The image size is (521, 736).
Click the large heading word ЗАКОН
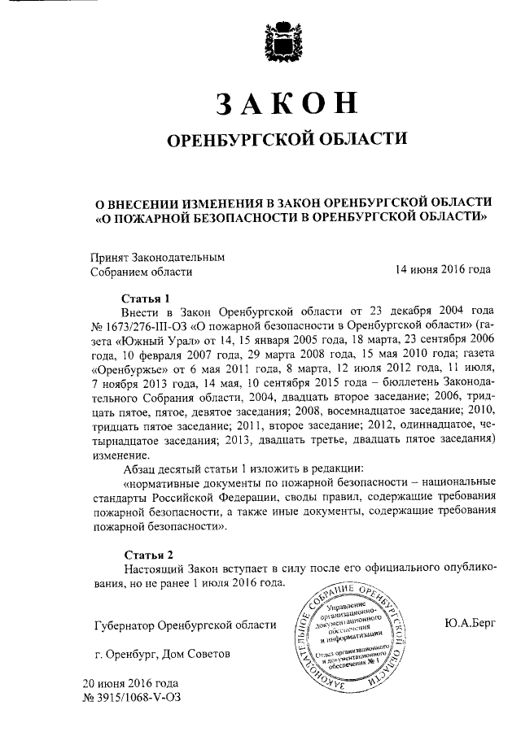pos(286,104)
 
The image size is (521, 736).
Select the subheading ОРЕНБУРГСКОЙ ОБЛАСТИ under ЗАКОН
pos(286,141)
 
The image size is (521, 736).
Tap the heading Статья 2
pos(145,554)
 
